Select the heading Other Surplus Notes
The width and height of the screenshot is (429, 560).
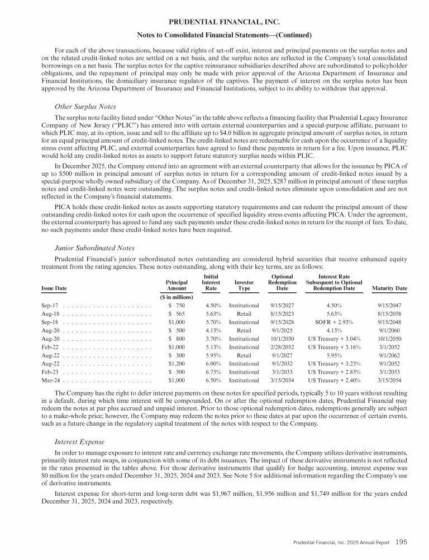pyautogui.click(x=85, y=106)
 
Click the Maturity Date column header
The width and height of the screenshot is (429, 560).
pyautogui.click(x=389, y=288)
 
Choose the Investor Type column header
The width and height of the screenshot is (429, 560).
pyautogui.click(x=244, y=285)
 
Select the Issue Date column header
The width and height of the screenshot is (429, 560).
pyautogui.click(x=54, y=288)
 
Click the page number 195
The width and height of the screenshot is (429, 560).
pyautogui.click(x=401, y=540)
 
